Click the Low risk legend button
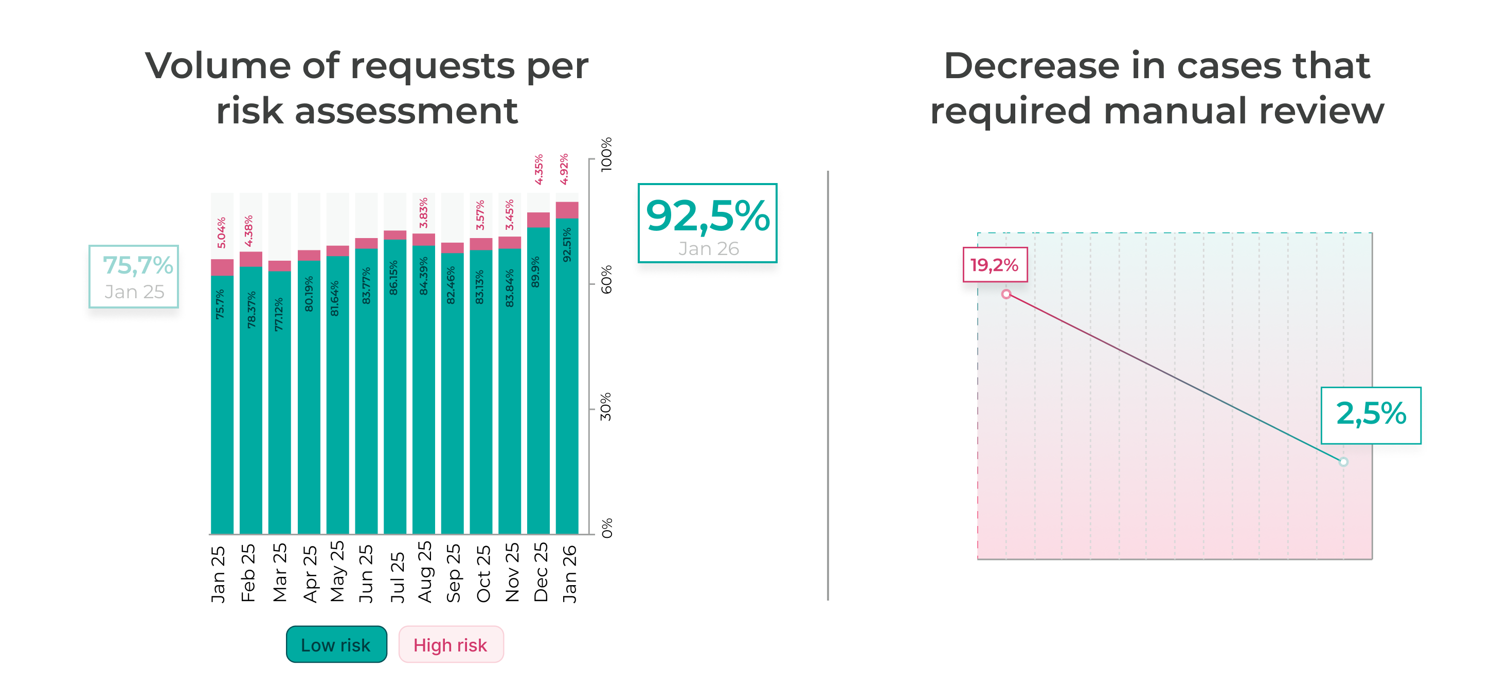pyautogui.click(x=336, y=644)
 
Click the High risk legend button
pyautogui.click(x=450, y=644)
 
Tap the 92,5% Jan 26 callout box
pyautogui.click(x=707, y=223)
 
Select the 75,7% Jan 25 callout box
pyautogui.click(x=134, y=277)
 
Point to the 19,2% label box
pyautogui.click(x=994, y=265)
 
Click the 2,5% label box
pyautogui.click(x=1371, y=415)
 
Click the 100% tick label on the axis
pyautogui.click(x=606, y=154)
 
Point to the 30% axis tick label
pyautogui.click(x=606, y=407)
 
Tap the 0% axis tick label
pyautogui.click(x=606, y=528)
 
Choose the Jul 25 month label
pyautogui.click(x=398, y=576)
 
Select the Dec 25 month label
pyautogui.click(x=541, y=572)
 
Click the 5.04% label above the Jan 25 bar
pyautogui.click(x=221, y=232)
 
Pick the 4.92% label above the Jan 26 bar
pyautogui.click(x=564, y=169)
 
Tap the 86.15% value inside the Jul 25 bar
pyautogui.click(x=394, y=278)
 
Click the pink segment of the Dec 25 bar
pyautogui.click(x=538, y=220)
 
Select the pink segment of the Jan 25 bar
pyautogui.click(x=222, y=267)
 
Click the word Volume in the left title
pyautogui.click(x=218, y=66)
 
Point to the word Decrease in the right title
pyautogui.click(x=1032, y=66)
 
